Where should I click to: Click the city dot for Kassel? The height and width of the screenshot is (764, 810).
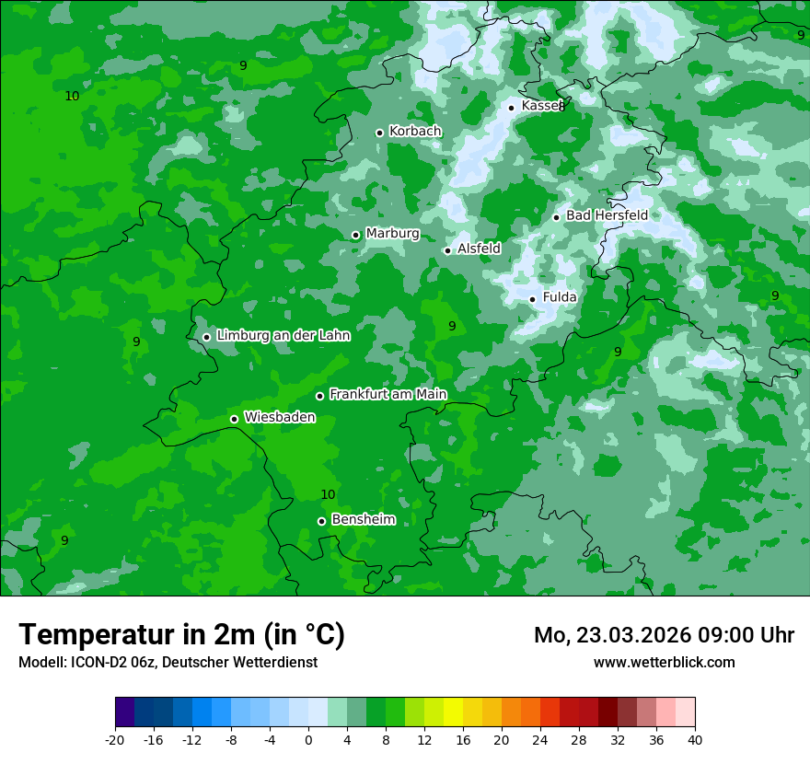pyautogui.click(x=511, y=108)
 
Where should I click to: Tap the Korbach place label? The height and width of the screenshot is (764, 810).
pyautogui.click(x=415, y=132)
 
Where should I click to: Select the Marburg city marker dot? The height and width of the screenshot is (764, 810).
pyautogui.click(x=355, y=235)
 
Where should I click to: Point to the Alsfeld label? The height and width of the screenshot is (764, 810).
pyautogui.click(x=479, y=249)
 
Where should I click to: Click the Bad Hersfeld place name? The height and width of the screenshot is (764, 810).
pyautogui.click(x=607, y=215)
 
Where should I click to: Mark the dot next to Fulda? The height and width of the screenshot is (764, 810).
pyautogui.click(x=532, y=299)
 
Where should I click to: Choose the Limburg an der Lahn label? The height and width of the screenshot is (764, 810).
pyautogui.click(x=283, y=336)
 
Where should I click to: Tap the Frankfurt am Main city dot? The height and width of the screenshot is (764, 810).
pyautogui.click(x=319, y=396)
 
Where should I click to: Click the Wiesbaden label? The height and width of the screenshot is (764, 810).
pyautogui.click(x=279, y=417)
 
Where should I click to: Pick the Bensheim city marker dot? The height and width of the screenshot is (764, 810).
pyautogui.click(x=321, y=521)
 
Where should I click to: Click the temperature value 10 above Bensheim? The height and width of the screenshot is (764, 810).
pyautogui.click(x=328, y=495)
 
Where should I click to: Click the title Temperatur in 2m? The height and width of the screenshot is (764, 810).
pyautogui.click(x=181, y=635)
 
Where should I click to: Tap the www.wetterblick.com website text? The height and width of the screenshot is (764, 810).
pyautogui.click(x=664, y=662)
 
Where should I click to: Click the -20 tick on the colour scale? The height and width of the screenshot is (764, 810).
pyautogui.click(x=115, y=739)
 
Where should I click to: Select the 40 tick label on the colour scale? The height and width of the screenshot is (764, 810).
pyautogui.click(x=695, y=739)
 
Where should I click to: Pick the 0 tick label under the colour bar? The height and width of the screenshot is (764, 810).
pyautogui.click(x=308, y=739)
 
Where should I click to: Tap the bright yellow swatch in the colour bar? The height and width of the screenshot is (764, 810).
pyautogui.click(x=453, y=712)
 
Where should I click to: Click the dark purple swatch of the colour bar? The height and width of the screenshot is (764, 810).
pyautogui.click(x=125, y=712)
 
